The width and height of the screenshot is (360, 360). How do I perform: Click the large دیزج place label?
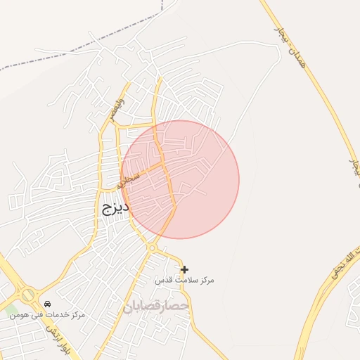click(113, 209)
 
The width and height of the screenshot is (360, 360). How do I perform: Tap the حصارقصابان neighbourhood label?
click(156, 307)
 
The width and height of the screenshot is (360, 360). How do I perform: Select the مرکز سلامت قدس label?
click(185, 280)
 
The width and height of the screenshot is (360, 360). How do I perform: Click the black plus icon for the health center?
click(184, 269)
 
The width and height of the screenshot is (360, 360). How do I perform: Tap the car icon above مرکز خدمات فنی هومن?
click(47, 304)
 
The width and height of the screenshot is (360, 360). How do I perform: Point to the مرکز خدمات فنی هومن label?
click(47, 314)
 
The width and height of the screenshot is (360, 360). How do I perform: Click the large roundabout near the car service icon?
click(28, 295)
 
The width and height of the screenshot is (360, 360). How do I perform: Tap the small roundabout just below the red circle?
click(151, 248)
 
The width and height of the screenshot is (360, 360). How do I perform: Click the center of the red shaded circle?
click(180, 179)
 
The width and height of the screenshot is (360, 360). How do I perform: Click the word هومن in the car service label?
click(19, 314)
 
